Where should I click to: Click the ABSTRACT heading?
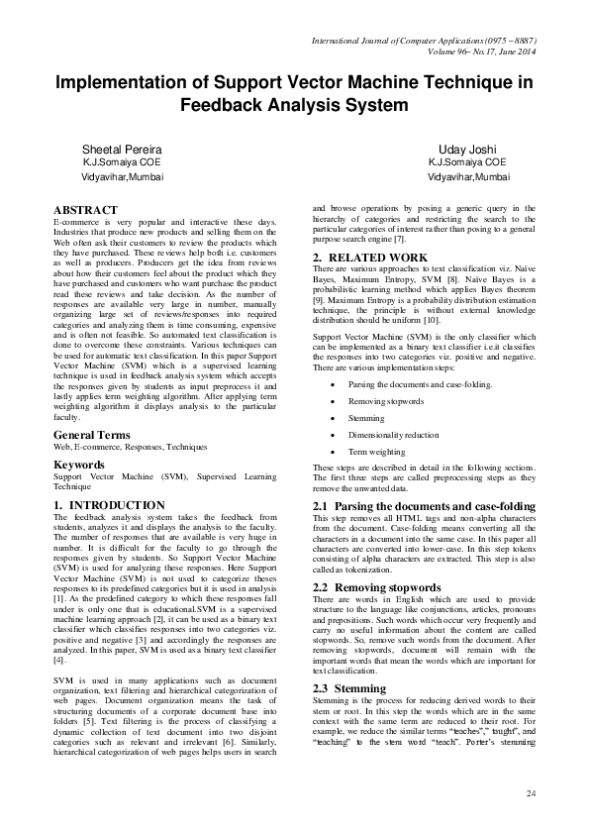coord(85,210)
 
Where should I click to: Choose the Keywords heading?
coord(79,464)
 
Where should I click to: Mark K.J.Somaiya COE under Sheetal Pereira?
coord(122,162)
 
